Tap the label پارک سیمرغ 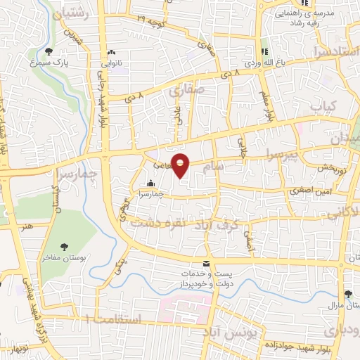coord(51,62)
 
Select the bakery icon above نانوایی coord(111,52)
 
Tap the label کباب coord(325,107)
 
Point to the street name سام coord(216,166)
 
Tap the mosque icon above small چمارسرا coord(149,184)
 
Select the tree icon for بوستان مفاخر coord(64,246)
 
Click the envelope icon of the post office coord(205,263)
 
